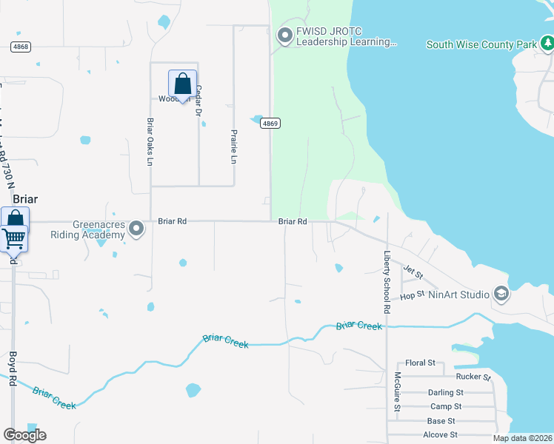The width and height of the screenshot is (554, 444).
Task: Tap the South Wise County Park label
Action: (x=481, y=45)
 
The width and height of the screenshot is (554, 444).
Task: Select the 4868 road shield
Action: (x=21, y=47)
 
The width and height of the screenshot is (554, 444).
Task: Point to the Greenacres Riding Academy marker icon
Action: (x=136, y=229)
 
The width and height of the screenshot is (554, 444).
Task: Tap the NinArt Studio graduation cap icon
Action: (x=501, y=295)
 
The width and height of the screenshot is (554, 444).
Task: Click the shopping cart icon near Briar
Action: (x=15, y=238)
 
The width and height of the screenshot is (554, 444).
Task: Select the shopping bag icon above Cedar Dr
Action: (x=182, y=85)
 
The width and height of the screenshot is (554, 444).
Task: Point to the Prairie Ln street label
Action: (x=234, y=147)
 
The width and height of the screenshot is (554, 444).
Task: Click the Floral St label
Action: (x=420, y=364)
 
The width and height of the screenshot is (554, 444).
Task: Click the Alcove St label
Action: (x=440, y=435)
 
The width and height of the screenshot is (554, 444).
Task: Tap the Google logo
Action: (x=24, y=435)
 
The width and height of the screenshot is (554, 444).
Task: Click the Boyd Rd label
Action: (x=13, y=367)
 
